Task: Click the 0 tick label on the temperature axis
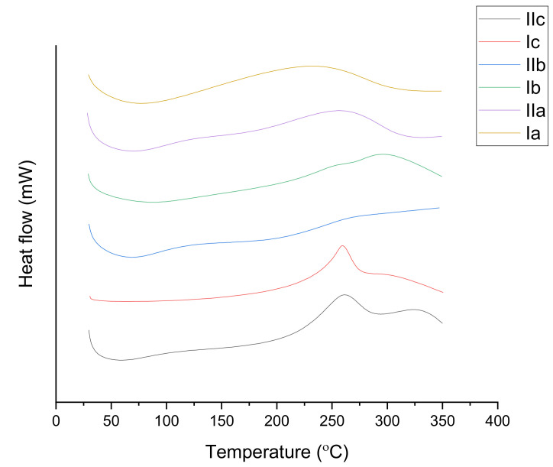pos(56,420)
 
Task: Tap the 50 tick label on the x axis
pos(111,420)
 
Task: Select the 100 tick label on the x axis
pos(166,420)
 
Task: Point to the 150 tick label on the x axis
pos(222,420)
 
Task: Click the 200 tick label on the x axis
pos(276,420)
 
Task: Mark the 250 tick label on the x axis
pos(331,420)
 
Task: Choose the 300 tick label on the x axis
pos(387,420)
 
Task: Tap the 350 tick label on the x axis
pos(442,420)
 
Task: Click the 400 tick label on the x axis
pos(497,420)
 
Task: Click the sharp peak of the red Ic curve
pos(342,246)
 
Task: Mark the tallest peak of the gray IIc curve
pos(344,295)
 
